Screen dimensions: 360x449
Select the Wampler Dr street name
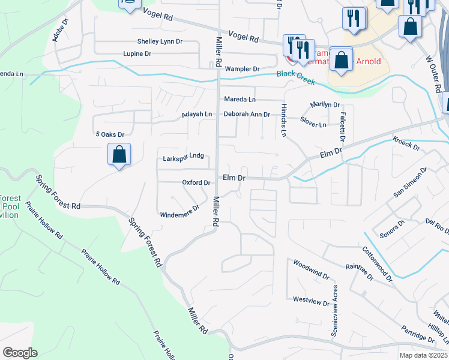click(x=242, y=69)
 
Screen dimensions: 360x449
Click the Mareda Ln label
click(x=240, y=99)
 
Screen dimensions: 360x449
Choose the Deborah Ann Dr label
click(x=246, y=114)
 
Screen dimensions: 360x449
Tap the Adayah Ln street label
click(x=197, y=114)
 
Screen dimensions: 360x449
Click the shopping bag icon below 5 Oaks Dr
click(x=119, y=155)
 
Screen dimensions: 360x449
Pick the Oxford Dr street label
click(x=196, y=182)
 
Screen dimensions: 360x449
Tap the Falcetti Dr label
click(x=342, y=122)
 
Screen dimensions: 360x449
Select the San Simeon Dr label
click(x=409, y=182)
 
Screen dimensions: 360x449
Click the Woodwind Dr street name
click(x=311, y=269)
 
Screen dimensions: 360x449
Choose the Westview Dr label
click(x=311, y=299)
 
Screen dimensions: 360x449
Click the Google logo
click(x=20, y=353)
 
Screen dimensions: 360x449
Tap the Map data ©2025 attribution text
click(x=424, y=355)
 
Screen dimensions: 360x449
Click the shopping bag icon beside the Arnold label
click(x=341, y=61)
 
